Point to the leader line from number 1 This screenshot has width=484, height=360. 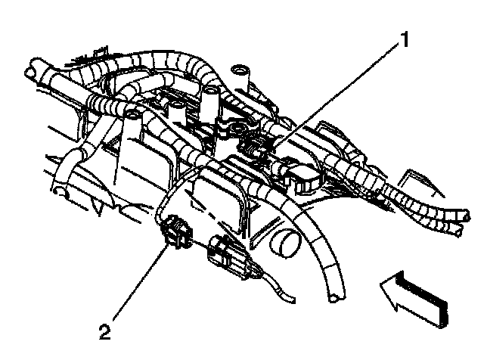pyautogui.click(x=340, y=92)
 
